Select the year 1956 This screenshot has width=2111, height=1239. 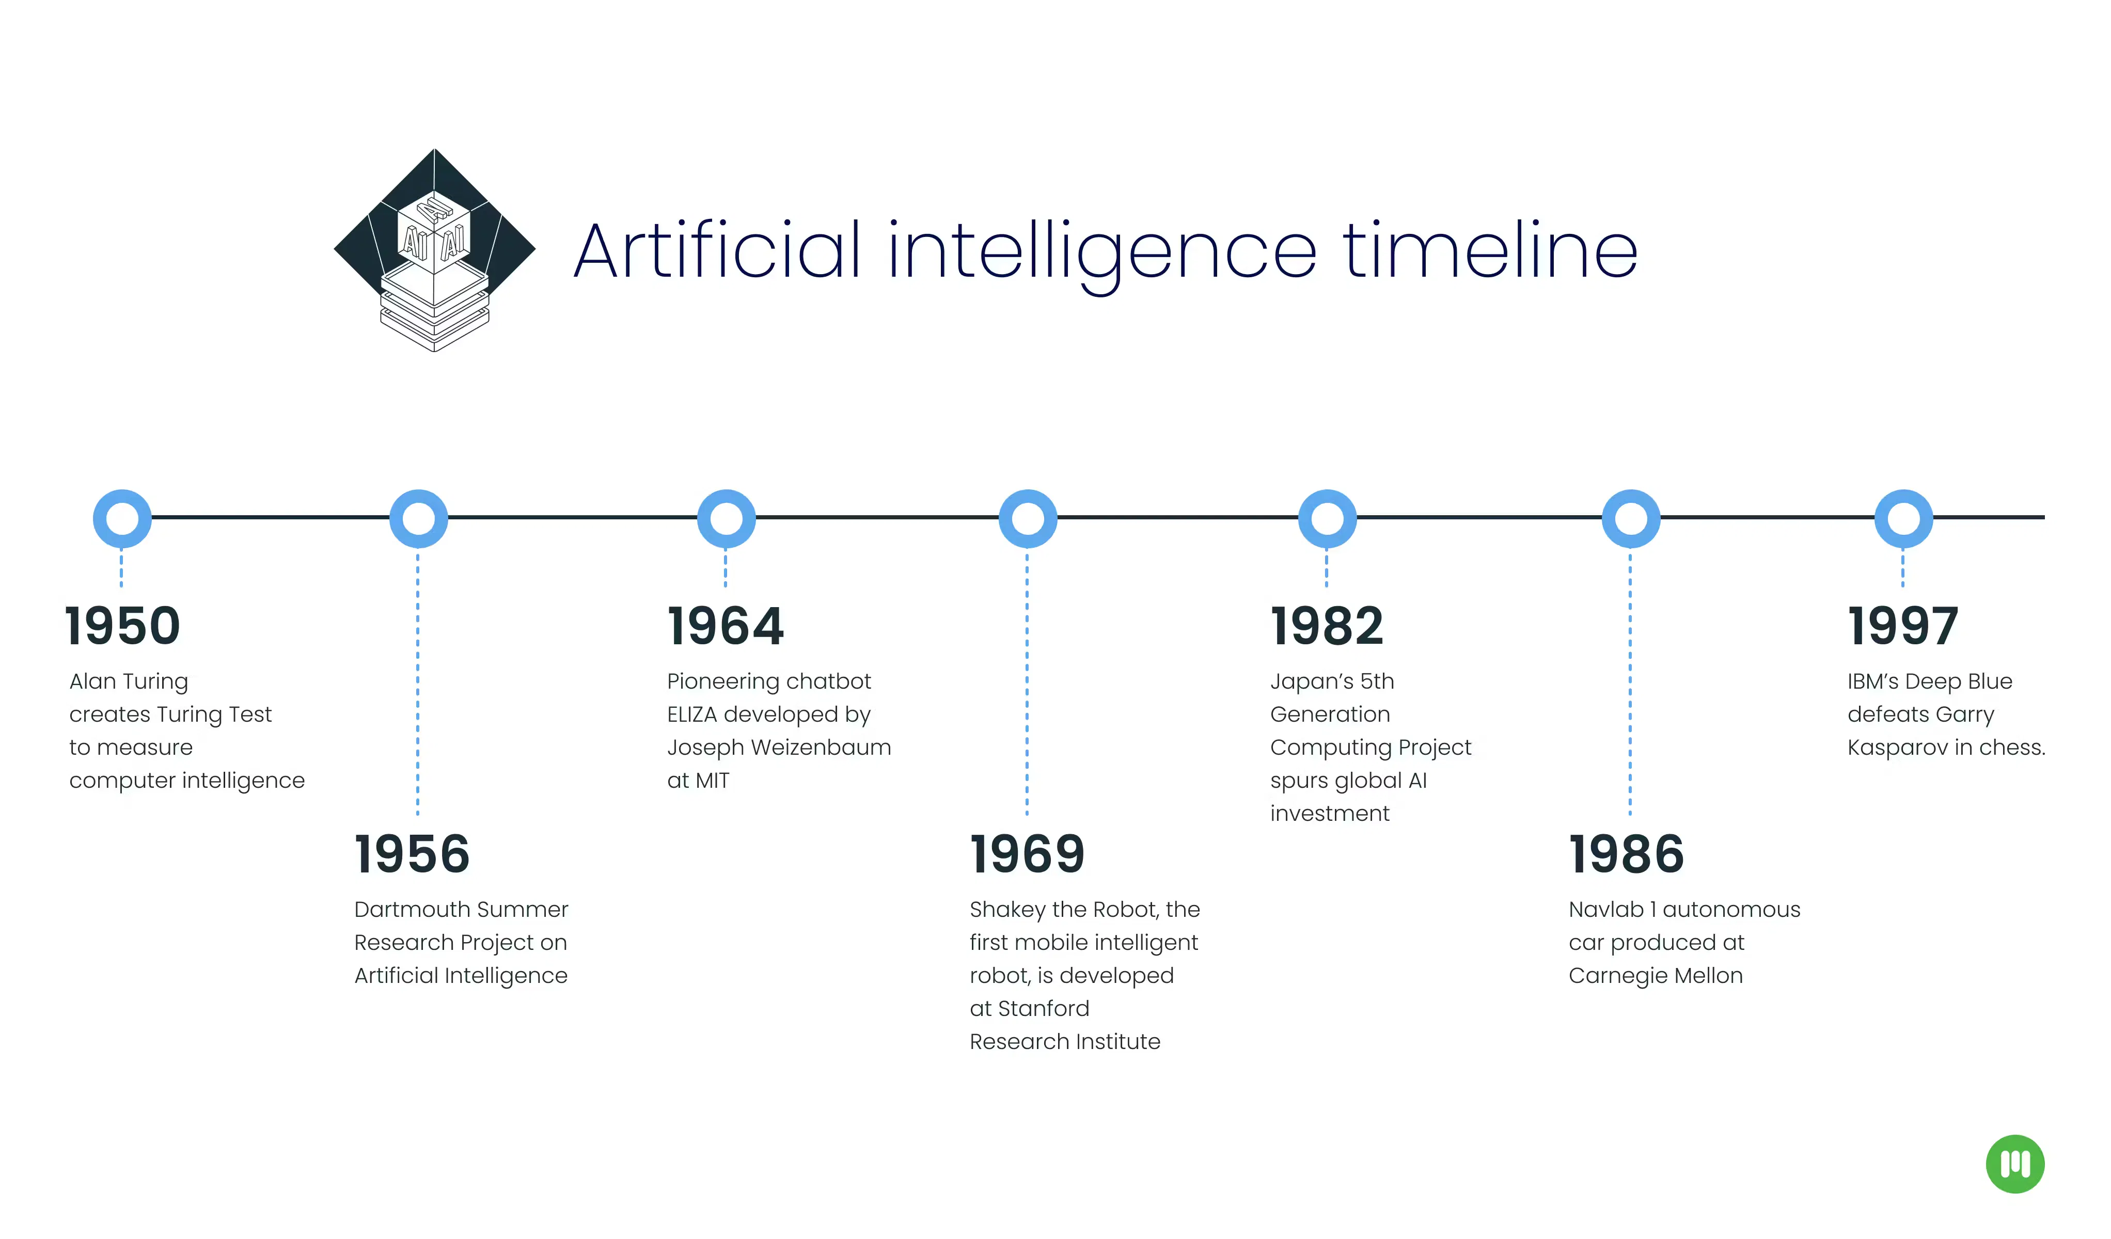point(412,854)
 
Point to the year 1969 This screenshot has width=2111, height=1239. point(1027,854)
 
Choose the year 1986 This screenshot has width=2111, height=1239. point(1626,854)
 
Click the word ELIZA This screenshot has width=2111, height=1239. point(692,714)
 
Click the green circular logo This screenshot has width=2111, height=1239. point(2014,1164)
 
